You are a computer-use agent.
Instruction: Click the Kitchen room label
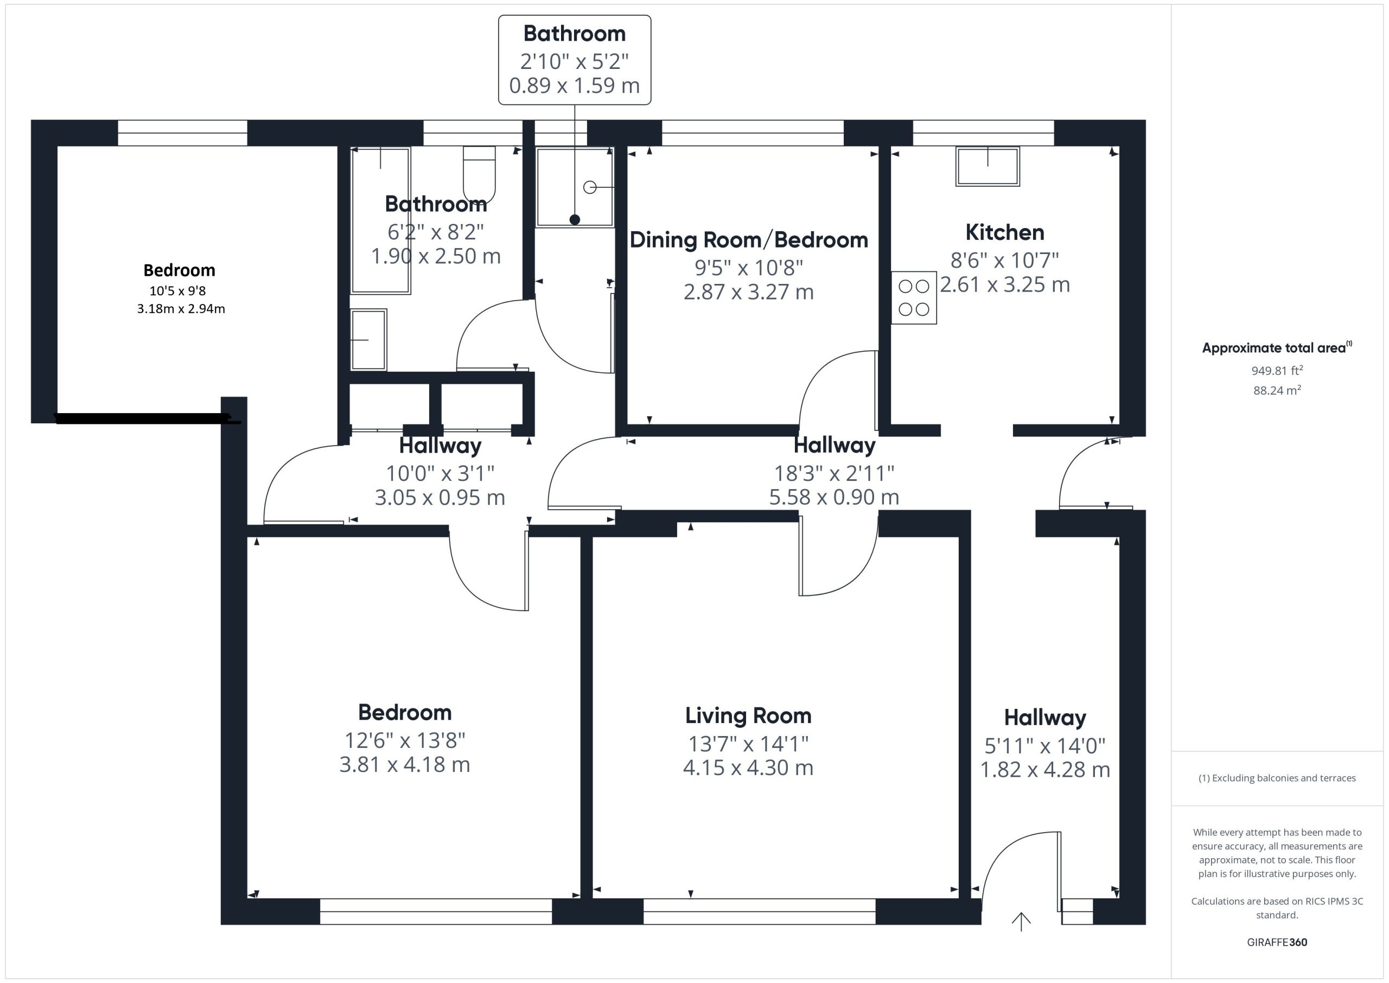[x=1004, y=232]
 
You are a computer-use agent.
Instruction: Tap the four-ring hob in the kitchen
[x=914, y=297]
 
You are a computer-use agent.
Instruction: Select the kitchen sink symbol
[x=987, y=166]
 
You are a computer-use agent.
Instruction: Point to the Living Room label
[x=748, y=715]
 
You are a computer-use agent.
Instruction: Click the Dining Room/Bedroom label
[x=748, y=240]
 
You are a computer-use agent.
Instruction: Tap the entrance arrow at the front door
[x=1021, y=922]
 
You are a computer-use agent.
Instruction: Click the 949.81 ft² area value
[x=1277, y=370]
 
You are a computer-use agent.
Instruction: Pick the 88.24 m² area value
[x=1277, y=390]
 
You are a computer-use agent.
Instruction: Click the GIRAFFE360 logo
[x=1277, y=942]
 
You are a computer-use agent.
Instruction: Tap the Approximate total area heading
[x=1277, y=347]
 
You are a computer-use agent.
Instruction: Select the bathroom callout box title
[x=574, y=33]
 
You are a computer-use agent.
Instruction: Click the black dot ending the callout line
[x=575, y=220]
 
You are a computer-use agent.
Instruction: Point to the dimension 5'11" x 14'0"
[x=1045, y=745]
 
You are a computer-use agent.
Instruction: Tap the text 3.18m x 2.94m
[x=181, y=309]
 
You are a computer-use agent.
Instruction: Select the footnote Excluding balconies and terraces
[x=1277, y=778]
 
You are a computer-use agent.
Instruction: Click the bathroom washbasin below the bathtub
[x=368, y=340]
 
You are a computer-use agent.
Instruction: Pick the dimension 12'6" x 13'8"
[x=405, y=740]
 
